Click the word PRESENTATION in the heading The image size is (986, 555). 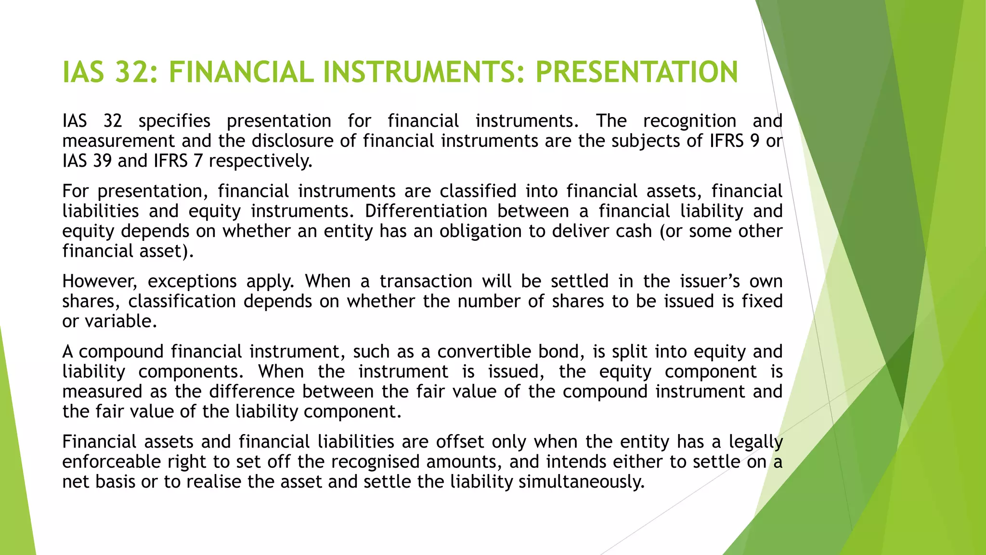[636, 72]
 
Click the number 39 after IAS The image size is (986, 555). [102, 161]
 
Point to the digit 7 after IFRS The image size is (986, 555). [197, 161]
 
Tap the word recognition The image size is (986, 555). [689, 121]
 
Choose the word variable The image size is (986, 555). [120, 321]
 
